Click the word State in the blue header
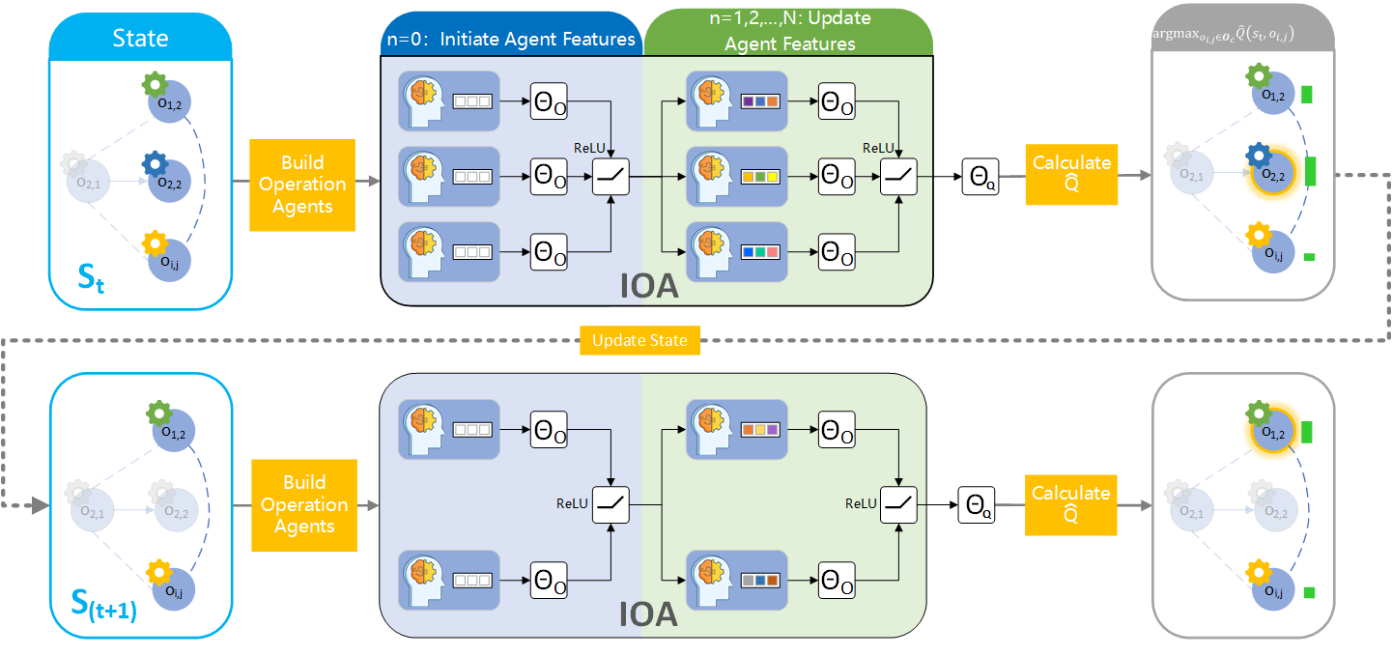140,39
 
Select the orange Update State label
639,341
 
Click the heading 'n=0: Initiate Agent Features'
510,40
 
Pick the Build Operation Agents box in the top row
302,185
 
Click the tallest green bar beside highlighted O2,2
1311,172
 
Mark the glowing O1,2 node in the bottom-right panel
1273,433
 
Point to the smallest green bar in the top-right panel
1309,256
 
